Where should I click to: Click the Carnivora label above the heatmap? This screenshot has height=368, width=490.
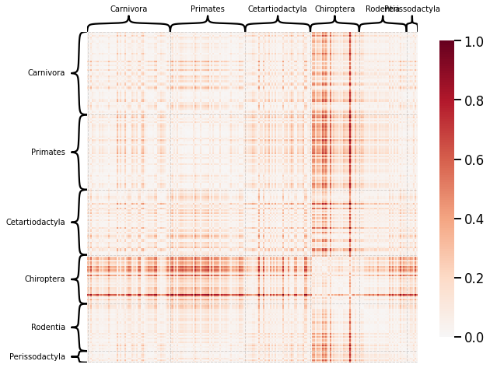[x=128, y=9]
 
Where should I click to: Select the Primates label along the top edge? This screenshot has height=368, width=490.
[x=208, y=9]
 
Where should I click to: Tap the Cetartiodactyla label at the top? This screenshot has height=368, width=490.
[x=277, y=9]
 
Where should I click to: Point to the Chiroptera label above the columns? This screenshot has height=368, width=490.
[x=334, y=9]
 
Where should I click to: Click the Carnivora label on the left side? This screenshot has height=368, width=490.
[x=46, y=73]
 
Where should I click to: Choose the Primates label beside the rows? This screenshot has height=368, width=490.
[x=48, y=152]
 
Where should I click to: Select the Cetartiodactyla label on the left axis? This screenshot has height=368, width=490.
[x=36, y=223]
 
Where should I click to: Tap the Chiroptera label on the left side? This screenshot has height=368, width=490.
[x=44, y=279]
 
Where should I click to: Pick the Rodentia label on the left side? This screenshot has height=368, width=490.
[x=48, y=328]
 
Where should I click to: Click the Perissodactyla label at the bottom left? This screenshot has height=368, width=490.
[x=37, y=357]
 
